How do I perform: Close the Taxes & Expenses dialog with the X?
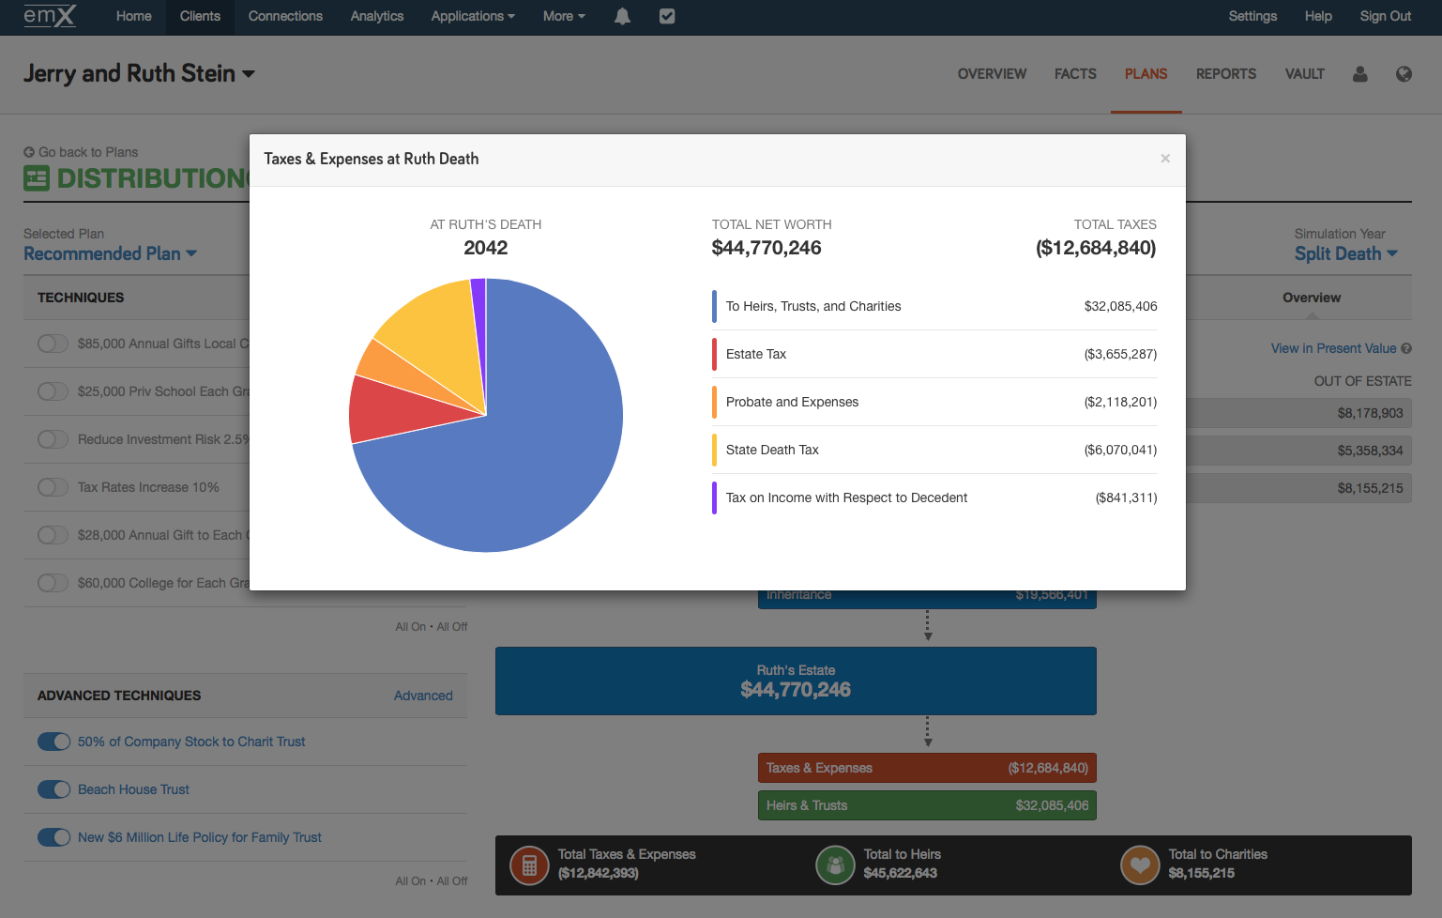1164,159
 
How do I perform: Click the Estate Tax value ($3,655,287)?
1120,354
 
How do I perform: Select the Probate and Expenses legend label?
792,402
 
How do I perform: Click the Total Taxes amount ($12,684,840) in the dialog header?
1095,248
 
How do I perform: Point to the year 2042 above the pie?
485,248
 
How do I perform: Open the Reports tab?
1225,74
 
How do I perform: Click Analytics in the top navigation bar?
376,16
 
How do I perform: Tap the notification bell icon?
622,16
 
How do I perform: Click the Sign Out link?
1385,16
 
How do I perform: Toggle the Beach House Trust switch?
53,789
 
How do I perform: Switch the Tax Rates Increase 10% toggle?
53,487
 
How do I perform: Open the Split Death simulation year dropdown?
1345,253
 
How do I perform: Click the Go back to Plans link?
87,152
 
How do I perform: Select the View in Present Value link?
1333,348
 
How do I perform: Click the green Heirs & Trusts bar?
927,805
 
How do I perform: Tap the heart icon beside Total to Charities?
1140,864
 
